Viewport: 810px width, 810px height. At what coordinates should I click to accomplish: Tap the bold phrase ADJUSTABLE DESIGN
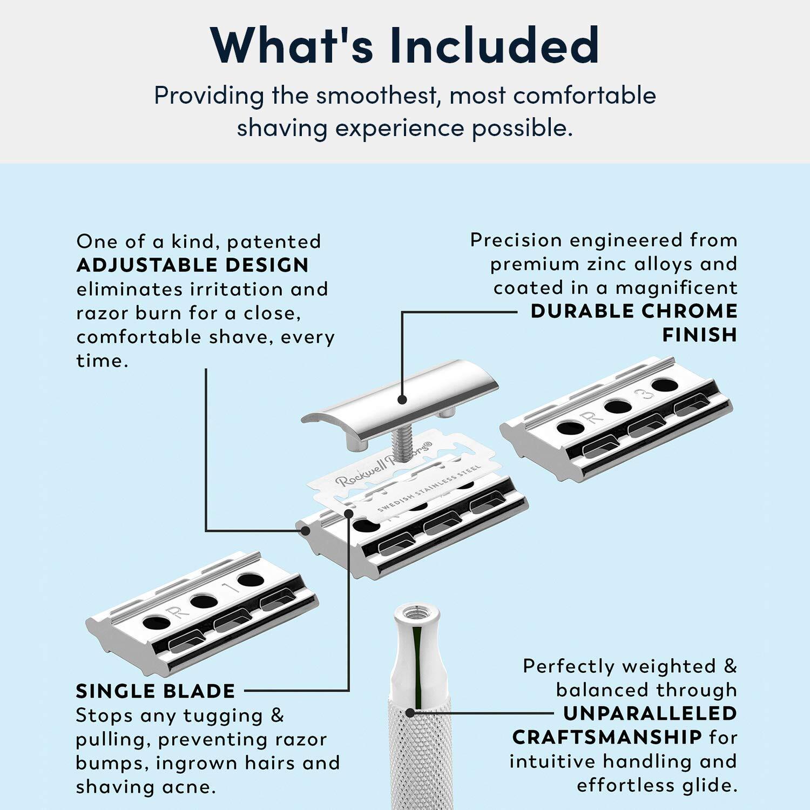click(x=193, y=265)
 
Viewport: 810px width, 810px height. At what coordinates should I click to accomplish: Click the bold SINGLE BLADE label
click(x=156, y=691)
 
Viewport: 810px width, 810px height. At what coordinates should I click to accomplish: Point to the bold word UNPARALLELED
click(x=650, y=713)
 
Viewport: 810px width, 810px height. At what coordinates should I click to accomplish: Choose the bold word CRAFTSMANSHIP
click(x=607, y=737)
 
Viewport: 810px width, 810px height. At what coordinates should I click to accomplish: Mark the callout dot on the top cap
click(x=402, y=400)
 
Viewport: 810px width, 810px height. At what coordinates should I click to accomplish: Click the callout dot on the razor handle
click(x=410, y=713)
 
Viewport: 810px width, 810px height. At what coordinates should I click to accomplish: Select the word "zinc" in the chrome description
click(x=604, y=264)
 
